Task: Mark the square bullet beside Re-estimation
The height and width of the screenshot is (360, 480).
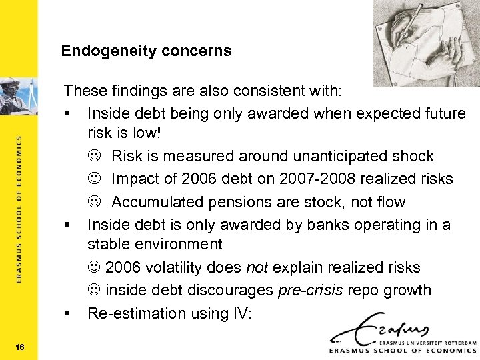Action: pyautogui.click(x=67, y=313)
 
